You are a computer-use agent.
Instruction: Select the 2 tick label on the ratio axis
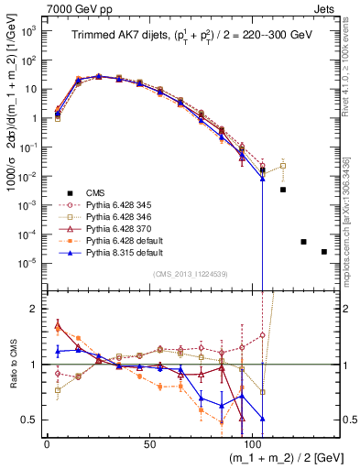[x=35, y=309]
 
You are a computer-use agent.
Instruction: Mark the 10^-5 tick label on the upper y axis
[x=29, y=263]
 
